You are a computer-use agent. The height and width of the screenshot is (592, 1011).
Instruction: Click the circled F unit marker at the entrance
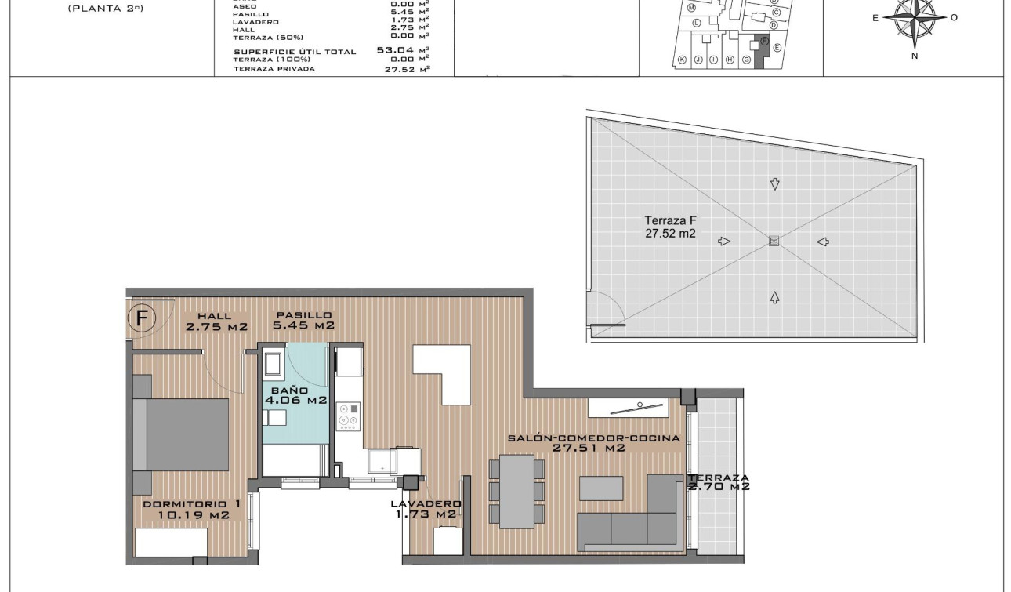click(x=142, y=318)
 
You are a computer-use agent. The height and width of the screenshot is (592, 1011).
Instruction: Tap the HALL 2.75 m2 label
click(x=216, y=321)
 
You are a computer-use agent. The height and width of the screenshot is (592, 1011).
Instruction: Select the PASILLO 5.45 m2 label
click(x=303, y=321)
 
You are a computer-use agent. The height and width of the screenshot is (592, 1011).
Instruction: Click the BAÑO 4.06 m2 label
click(x=295, y=395)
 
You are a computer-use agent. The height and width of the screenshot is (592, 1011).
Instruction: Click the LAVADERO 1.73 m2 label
click(x=426, y=509)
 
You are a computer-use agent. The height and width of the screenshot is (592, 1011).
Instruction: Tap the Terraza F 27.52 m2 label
click(x=670, y=227)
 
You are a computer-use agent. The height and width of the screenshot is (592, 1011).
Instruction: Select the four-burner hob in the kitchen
click(x=349, y=416)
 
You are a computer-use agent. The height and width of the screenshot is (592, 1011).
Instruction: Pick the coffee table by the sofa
click(x=602, y=488)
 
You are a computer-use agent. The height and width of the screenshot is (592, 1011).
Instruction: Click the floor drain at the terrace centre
click(x=774, y=242)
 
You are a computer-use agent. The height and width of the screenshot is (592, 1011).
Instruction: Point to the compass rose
click(x=915, y=17)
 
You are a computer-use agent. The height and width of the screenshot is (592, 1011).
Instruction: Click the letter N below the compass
click(x=915, y=56)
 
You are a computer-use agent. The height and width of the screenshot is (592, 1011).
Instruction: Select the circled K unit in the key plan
click(x=682, y=60)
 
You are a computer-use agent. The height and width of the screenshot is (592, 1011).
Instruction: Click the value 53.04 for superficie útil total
click(x=395, y=49)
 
